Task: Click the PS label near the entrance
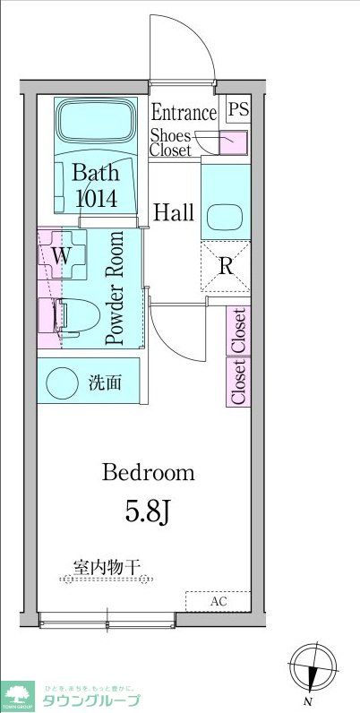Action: tap(237, 110)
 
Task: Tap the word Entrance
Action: tap(184, 113)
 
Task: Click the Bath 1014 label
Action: tap(95, 185)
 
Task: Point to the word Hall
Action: tap(174, 213)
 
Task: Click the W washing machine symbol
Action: tap(61, 255)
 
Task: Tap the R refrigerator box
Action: tap(226, 265)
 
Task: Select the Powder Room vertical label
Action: tap(115, 288)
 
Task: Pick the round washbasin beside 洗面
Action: tap(63, 382)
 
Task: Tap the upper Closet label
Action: tap(239, 330)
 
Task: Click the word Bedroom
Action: tap(149, 472)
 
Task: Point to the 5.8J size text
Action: tap(149, 512)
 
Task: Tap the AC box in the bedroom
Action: tap(218, 601)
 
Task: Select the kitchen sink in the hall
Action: tap(222, 216)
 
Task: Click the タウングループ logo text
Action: tap(85, 700)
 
